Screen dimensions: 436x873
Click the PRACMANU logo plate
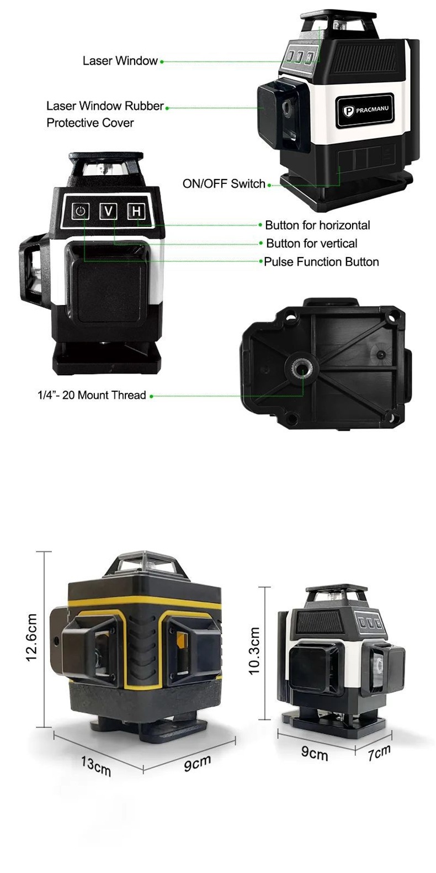click(x=365, y=109)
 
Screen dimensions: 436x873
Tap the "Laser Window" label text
click(x=120, y=61)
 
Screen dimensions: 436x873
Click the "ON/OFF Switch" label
click(x=224, y=184)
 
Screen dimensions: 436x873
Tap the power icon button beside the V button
click(x=80, y=211)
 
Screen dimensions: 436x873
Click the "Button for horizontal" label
click(x=318, y=225)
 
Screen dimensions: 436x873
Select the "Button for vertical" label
click(x=312, y=244)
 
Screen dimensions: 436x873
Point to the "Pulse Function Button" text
click(x=322, y=262)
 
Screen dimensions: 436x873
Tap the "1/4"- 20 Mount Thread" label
click(x=92, y=395)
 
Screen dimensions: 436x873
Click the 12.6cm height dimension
click(x=32, y=637)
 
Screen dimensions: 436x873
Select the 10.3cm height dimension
click(x=254, y=651)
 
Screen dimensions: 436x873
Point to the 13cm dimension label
click(x=96, y=766)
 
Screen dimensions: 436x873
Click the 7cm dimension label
click(x=379, y=753)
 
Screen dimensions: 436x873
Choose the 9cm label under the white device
click(x=315, y=753)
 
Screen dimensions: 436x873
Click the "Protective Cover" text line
click(x=90, y=123)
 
